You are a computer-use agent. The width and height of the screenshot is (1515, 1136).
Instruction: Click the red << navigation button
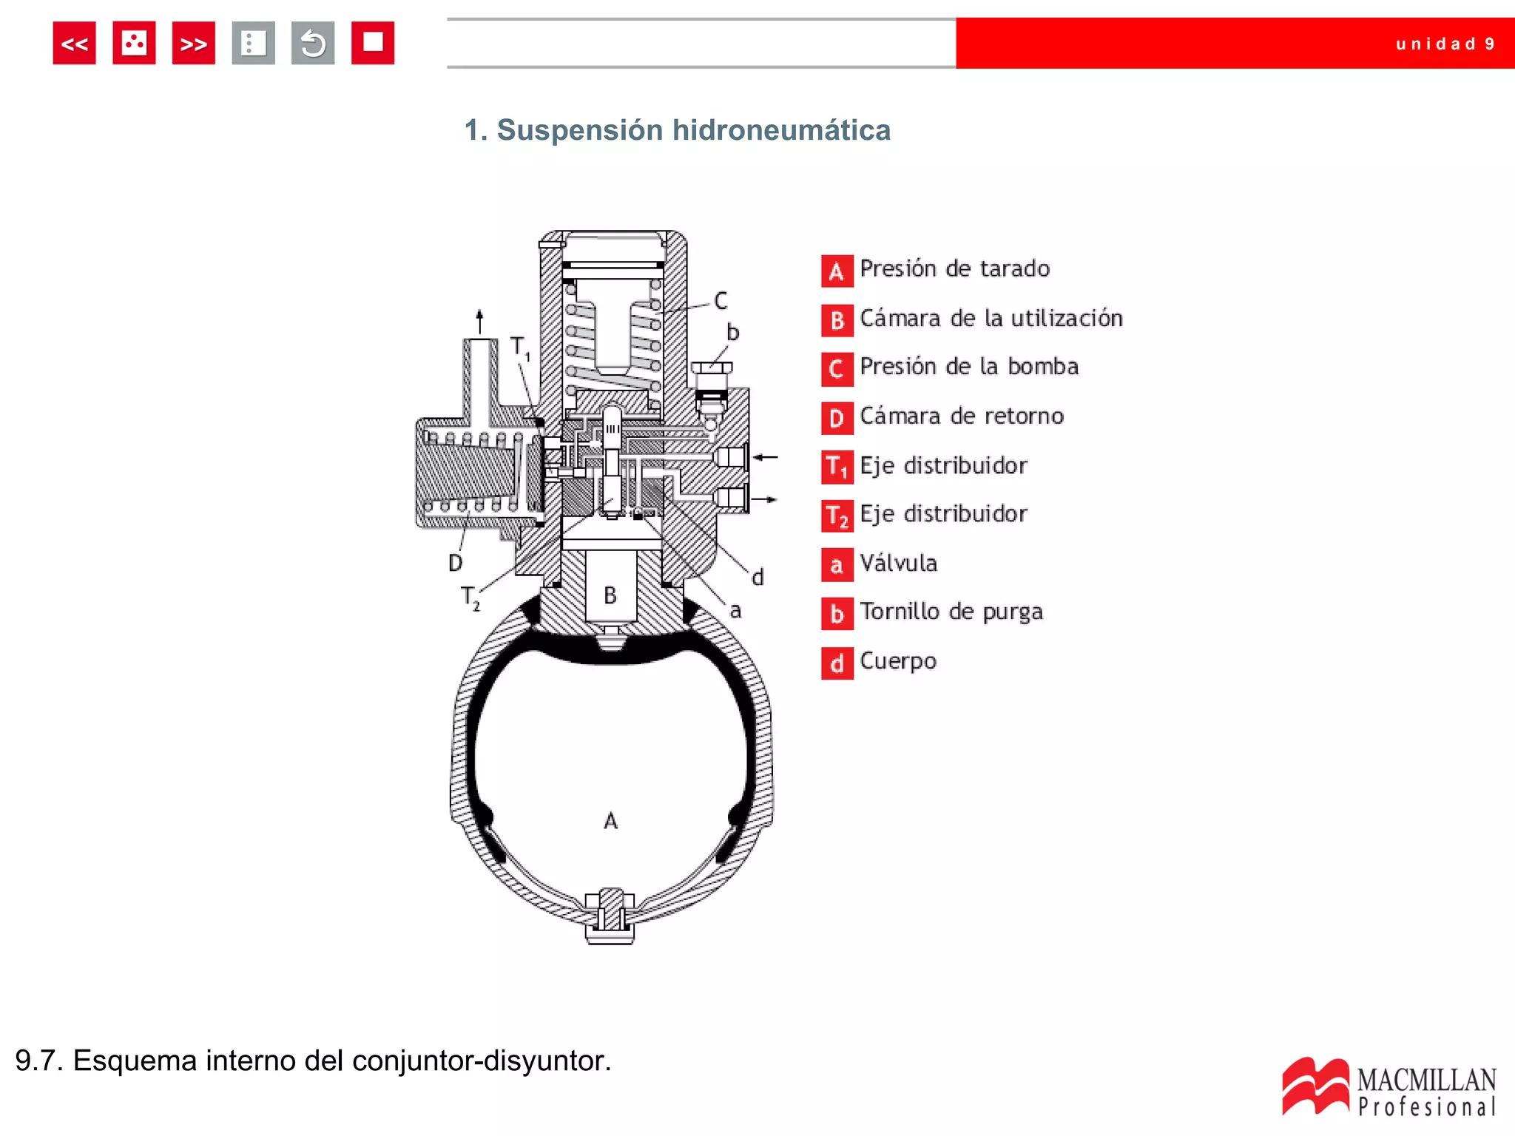(74, 44)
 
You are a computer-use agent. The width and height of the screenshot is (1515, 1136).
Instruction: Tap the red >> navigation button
(193, 44)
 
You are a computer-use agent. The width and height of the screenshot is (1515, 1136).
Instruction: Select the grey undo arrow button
(313, 44)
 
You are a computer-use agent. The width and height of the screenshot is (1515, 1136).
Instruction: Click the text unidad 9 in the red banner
(1445, 44)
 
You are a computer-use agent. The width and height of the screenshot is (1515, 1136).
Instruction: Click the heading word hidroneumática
(781, 130)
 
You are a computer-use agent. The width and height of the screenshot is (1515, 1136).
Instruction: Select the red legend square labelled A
(837, 271)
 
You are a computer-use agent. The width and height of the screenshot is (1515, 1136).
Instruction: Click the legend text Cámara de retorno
(961, 416)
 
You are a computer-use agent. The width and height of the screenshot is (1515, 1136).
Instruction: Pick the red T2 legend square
(837, 515)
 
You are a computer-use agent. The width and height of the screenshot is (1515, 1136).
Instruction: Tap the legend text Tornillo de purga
(951, 612)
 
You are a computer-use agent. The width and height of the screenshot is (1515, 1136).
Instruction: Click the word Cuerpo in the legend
(898, 660)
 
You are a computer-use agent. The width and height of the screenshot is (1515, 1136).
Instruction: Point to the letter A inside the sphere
(610, 821)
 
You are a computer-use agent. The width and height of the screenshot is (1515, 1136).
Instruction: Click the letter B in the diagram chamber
(610, 595)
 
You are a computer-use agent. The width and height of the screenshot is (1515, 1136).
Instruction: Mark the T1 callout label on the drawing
(520, 347)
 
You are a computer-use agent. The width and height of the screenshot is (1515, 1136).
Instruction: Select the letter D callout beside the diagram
(456, 564)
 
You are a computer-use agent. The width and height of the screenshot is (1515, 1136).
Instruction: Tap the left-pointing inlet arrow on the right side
(766, 457)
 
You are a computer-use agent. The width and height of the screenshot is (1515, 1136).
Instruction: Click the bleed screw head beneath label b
(712, 368)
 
